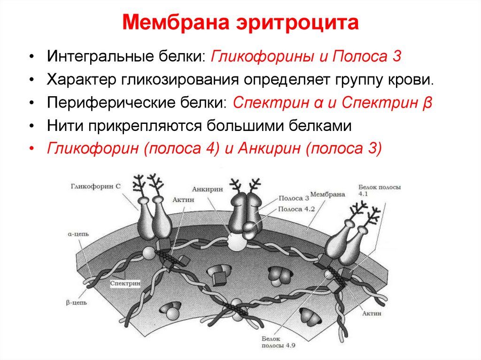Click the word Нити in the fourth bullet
click(x=63, y=125)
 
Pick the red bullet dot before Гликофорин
click(x=31, y=149)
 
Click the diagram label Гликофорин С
click(x=96, y=186)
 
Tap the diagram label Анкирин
click(x=203, y=189)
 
